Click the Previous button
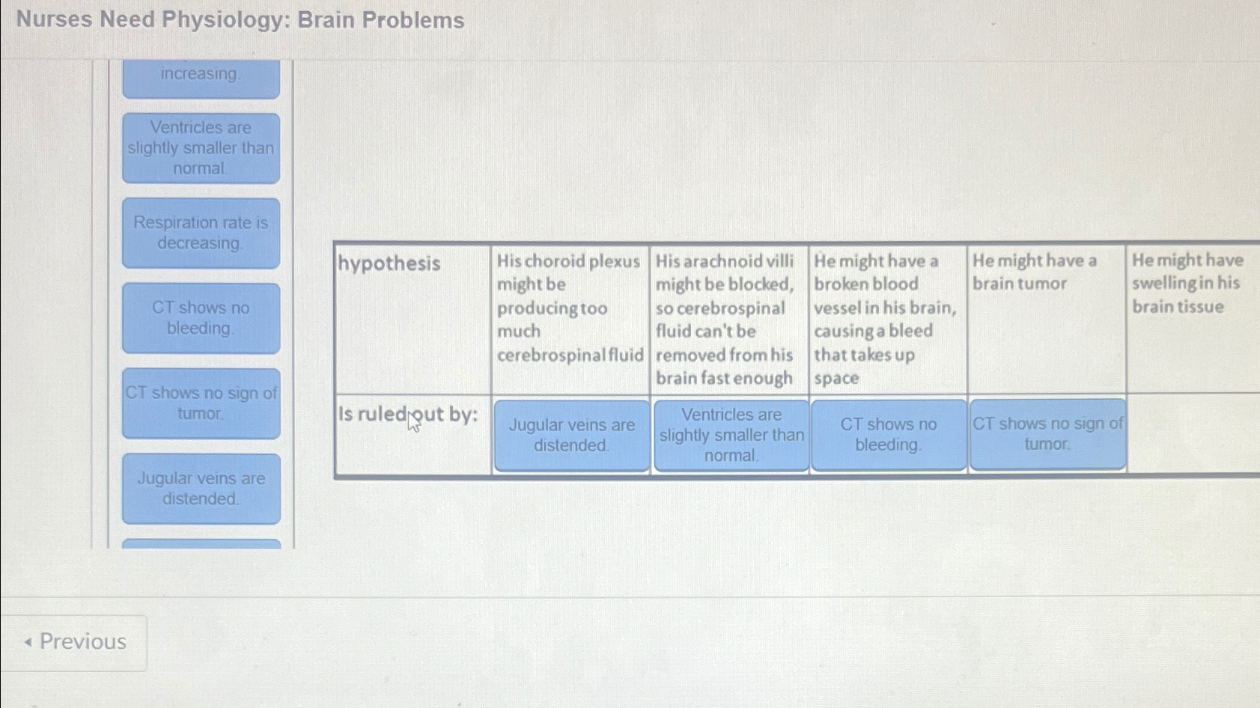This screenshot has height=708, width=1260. (x=74, y=642)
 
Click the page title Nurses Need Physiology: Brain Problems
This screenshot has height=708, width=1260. (x=240, y=20)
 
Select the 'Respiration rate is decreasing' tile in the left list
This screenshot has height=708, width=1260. (x=201, y=233)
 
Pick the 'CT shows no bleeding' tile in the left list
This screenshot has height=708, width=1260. (x=201, y=318)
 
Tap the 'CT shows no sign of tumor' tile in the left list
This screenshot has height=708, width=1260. (x=201, y=403)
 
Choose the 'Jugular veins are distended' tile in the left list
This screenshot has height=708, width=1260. (x=201, y=489)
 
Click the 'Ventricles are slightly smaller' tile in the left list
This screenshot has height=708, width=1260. (x=201, y=148)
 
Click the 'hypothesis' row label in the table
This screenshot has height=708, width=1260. (x=389, y=263)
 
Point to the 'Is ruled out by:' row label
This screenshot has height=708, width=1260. (x=408, y=415)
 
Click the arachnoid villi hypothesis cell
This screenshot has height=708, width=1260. (x=728, y=319)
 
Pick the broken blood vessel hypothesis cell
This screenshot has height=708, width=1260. (x=886, y=319)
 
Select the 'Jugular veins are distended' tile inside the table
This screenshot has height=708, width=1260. (x=571, y=435)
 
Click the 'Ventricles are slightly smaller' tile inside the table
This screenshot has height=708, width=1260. (x=731, y=435)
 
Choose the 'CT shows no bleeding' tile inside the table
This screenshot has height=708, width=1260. (x=888, y=434)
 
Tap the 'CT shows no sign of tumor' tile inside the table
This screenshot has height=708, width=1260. (x=1047, y=434)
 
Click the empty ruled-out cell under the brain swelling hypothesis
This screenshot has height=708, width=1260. (x=1193, y=434)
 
